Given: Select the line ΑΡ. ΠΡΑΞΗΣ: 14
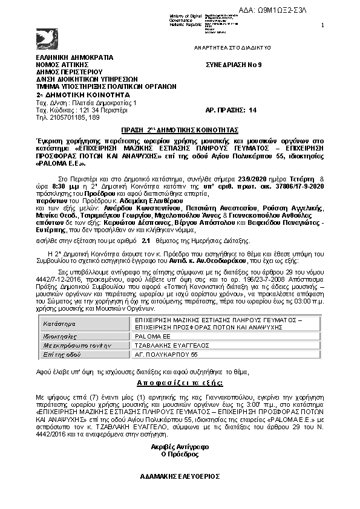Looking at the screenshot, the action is [x=232, y=110].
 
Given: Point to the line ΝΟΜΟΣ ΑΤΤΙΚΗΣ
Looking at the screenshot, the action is [x=62, y=64].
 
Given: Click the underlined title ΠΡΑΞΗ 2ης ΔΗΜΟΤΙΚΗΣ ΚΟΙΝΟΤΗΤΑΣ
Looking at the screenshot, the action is [x=180, y=130].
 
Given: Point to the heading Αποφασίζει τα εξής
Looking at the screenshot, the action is [x=180, y=383].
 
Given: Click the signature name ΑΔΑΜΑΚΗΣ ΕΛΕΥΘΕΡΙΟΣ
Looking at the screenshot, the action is [x=180, y=476].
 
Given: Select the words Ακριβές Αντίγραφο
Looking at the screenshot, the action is [x=180, y=446].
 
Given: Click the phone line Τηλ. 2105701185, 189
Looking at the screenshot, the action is [x=68, y=117].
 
